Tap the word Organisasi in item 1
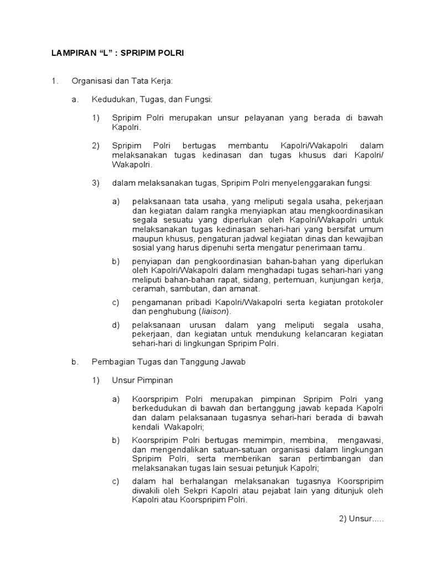coord(90,81)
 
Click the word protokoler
coord(362,302)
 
